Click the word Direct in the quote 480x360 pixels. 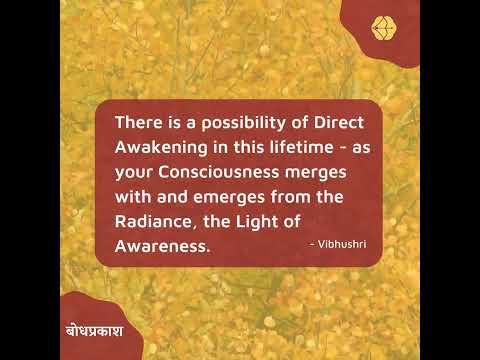[330, 122]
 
